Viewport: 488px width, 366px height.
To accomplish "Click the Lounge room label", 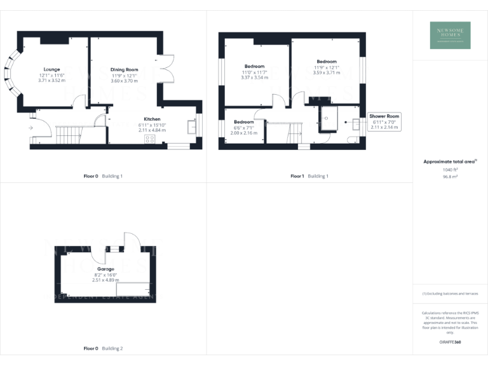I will [x=52, y=69].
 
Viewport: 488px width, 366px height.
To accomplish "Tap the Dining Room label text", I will [x=124, y=69].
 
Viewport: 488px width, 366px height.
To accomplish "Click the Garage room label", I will [x=105, y=269].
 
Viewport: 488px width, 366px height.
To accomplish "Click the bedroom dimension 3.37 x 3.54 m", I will [x=254, y=77].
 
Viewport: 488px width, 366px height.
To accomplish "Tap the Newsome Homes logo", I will [x=450, y=34].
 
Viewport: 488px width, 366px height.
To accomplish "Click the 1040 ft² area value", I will [x=450, y=170].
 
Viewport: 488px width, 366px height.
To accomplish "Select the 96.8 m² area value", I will [x=450, y=177].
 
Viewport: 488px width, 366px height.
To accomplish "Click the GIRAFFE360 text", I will [x=450, y=342].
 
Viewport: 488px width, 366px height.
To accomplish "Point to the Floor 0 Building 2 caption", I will [x=103, y=348].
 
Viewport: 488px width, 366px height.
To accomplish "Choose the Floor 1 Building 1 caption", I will [x=309, y=176].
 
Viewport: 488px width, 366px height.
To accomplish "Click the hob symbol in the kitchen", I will [x=151, y=139].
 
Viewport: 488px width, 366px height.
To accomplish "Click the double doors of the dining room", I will [x=167, y=70].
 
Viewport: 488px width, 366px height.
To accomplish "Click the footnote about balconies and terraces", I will [x=450, y=294].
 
